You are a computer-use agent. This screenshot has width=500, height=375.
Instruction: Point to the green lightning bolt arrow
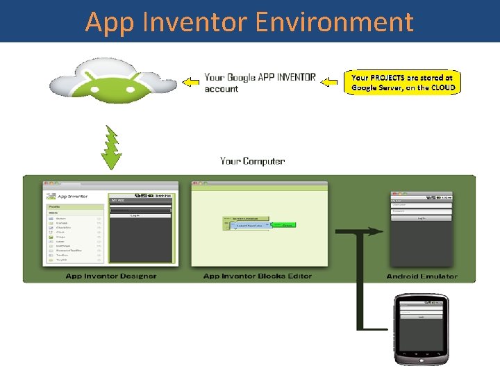(x=110, y=145)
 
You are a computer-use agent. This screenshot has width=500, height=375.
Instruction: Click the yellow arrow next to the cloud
(x=189, y=83)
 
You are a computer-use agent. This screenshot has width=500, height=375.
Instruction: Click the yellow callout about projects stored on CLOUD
(x=403, y=83)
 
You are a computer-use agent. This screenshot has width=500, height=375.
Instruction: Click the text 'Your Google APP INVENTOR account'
(x=259, y=83)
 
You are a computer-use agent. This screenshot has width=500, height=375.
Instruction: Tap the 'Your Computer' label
(x=252, y=161)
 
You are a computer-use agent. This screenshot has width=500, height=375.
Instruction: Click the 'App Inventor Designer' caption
(x=110, y=276)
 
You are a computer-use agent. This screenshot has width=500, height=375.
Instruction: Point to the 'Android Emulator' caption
(x=422, y=276)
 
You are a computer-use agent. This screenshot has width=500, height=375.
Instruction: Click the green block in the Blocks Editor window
(x=284, y=225)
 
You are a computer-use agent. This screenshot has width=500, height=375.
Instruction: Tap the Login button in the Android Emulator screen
(x=422, y=217)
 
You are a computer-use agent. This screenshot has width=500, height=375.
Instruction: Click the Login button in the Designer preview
(x=140, y=215)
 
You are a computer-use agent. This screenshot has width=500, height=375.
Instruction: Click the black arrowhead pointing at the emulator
(x=378, y=232)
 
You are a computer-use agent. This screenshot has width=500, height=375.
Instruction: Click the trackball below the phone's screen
(x=422, y=356)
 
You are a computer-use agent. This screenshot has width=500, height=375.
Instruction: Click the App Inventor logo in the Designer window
(x=51, y=197)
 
